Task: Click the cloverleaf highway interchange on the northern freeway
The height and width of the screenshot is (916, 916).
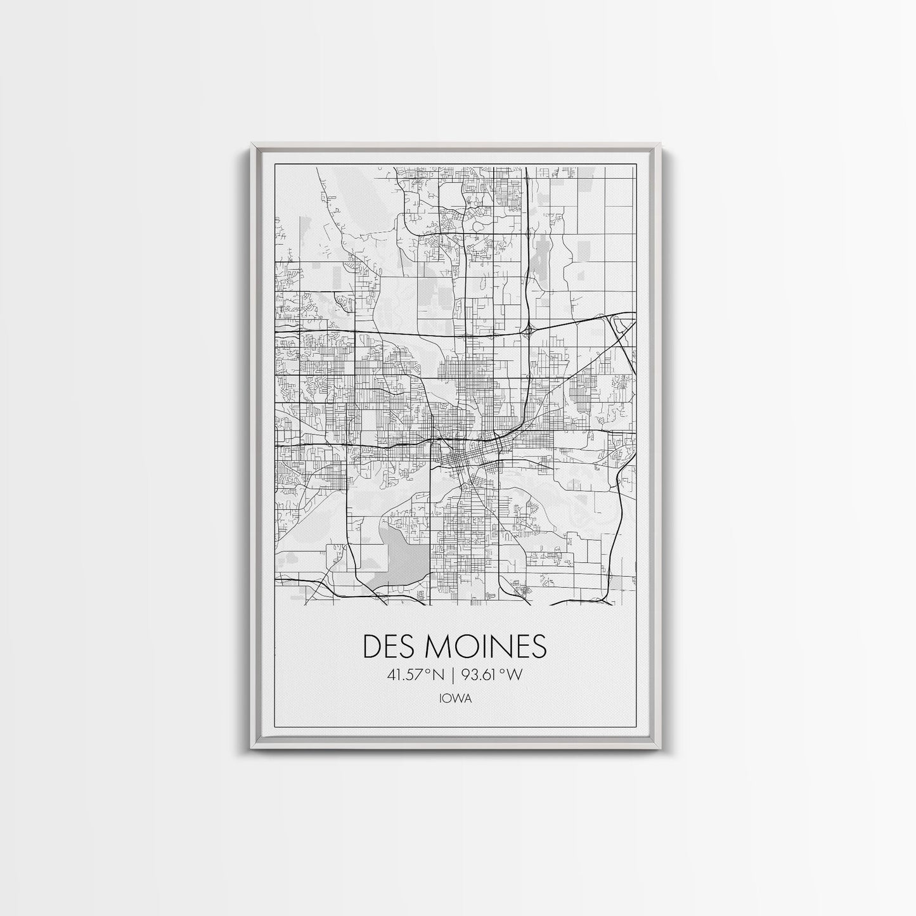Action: pyautogui.click(x=527, y=328)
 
